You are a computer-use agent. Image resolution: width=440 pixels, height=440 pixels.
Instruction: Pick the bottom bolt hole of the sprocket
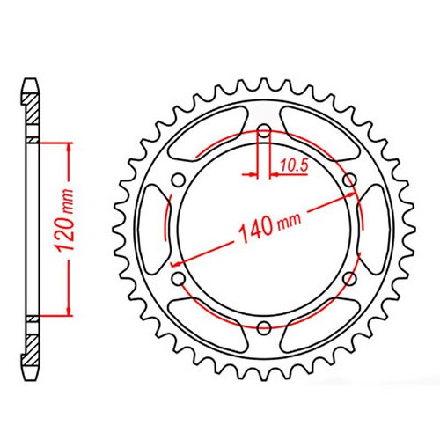pos(264,327)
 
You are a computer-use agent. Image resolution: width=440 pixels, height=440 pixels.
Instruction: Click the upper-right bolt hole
pos(349,180)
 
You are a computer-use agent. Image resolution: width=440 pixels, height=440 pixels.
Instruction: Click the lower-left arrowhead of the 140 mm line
pos(178,261)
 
